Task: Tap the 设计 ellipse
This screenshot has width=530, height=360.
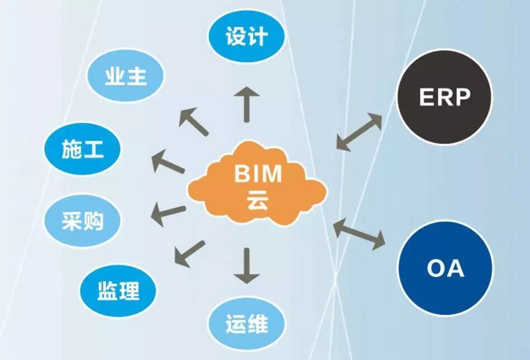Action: (246, 37)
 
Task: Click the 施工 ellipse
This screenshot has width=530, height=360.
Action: (82, 149)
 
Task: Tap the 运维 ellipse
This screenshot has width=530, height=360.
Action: (246, 324)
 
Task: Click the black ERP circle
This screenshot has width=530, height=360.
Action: (445, 97)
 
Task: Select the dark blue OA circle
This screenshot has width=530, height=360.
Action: (445, 268)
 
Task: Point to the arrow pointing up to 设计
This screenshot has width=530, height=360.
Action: (246, 104)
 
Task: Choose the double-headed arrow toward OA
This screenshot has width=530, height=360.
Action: (359, 234)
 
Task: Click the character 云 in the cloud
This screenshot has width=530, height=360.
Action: (257, 201)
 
